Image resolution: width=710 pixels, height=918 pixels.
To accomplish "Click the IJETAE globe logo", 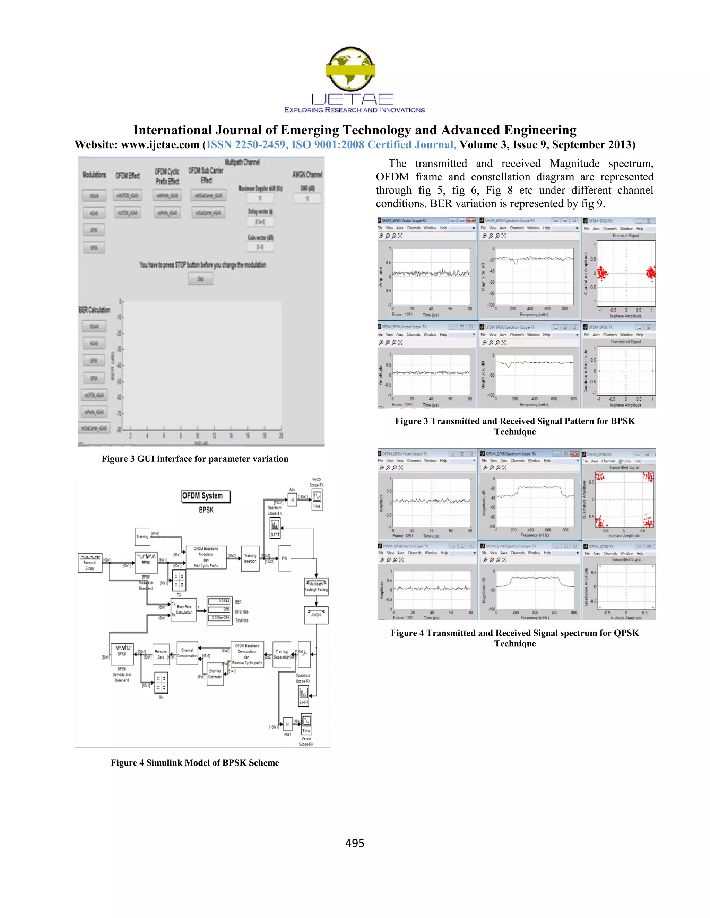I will [350, 69].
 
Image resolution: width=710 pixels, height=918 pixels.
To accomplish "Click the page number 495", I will [355, 843].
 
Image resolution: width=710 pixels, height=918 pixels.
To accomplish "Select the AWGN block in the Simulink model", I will [316, 615].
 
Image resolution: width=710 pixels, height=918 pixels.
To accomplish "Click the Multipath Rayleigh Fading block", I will [316, 586].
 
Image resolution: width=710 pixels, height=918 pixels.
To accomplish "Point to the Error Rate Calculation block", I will [184, 609].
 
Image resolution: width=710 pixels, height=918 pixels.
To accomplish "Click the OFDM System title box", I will [205, 496].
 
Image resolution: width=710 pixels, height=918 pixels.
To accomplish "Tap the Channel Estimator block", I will [215, 674].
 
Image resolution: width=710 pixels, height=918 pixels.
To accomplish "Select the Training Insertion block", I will [250, 558].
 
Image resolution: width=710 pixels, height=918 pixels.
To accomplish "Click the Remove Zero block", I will [161, 654].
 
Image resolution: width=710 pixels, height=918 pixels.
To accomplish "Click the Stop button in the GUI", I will [200, 279].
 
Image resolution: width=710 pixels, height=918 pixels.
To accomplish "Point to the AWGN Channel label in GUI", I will [307, 175].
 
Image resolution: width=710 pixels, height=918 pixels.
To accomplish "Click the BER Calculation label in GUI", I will [94, 310].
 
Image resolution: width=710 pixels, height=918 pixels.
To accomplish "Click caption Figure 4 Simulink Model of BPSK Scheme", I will [195, 762].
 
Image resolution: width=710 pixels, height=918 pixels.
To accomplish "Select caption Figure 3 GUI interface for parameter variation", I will [195, 459].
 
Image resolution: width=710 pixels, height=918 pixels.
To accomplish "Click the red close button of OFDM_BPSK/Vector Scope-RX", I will [471, 220].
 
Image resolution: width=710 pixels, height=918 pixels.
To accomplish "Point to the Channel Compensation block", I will [187, 653].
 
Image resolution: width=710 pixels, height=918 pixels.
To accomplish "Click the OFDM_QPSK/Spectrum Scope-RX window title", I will [511, 454].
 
